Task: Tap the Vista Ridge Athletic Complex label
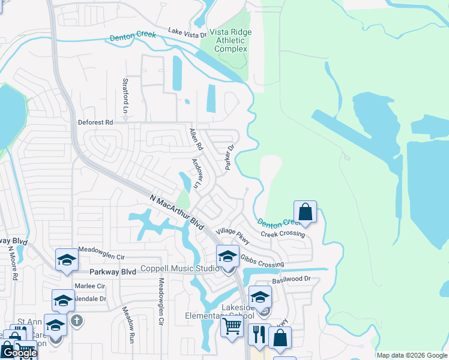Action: point(231,40)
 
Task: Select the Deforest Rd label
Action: point(95,122)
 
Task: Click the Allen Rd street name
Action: point(196,140)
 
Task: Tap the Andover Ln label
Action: point(198,172)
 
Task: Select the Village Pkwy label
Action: point(232,235)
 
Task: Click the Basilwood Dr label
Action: point(291,279)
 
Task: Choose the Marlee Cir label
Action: point(89,286)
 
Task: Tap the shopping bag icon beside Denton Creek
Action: point(306,212)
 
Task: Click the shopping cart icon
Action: point(232,327)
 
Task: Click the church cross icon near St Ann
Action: point(76,320)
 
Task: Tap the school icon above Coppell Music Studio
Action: point(228,256)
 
